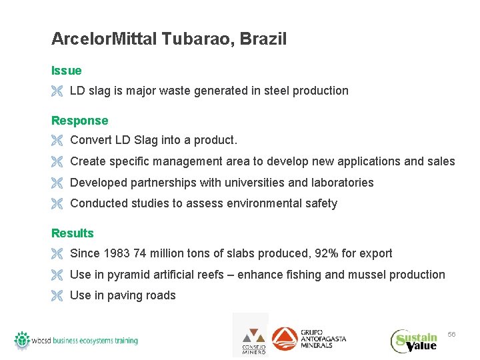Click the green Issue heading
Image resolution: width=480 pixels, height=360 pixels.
(x=67, y=71)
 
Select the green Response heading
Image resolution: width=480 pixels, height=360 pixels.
(x=79, y=121)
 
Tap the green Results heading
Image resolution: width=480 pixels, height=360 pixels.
(x=73, y=233)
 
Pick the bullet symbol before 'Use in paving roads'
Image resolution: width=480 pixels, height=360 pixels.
(x=57, y=296)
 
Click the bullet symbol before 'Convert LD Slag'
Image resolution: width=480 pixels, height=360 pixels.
(x=57, y=141)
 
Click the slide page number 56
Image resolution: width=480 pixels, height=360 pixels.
(x=451, y=333)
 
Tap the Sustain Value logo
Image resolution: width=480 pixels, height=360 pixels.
(x=414, y=341)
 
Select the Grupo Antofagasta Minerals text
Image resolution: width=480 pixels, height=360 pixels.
(x=323, y=339)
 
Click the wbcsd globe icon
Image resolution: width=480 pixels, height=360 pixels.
(x=22, y=340)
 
